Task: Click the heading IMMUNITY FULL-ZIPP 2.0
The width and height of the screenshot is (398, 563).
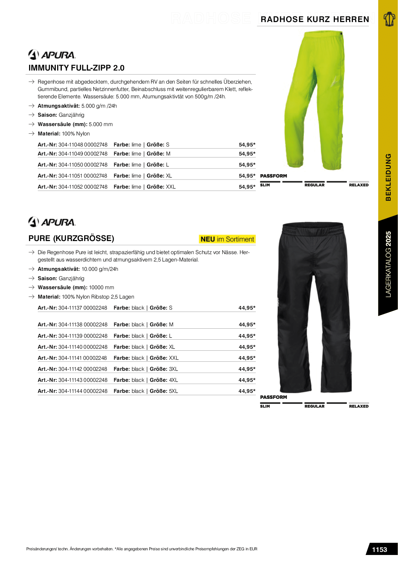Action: [77, 68]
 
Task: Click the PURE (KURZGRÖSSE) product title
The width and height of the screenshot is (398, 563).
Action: [71, 238]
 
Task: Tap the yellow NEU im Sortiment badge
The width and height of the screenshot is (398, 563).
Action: [227, 239]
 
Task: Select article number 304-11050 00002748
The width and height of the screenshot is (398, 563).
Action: [83, 165]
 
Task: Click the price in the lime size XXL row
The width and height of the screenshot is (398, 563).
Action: [247, 187]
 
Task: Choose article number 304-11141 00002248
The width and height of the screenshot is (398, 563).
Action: [83, 358]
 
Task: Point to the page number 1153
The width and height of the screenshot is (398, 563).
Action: [379, 550]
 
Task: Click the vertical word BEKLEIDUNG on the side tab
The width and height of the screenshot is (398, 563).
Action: [388, 177]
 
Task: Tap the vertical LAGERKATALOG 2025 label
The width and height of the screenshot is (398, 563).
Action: [388, 264]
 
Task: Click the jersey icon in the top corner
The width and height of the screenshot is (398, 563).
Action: [389, 19]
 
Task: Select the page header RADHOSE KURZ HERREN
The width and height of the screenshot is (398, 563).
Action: [315, 19]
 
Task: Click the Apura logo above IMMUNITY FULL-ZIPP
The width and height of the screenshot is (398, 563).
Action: [52, 54]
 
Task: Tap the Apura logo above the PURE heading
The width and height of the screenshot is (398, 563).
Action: [52, 222]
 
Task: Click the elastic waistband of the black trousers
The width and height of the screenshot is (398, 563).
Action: [312, 229]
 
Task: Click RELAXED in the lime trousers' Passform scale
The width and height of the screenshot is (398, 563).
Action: [359, 185]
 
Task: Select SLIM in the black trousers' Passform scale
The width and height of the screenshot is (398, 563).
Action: [265, 406]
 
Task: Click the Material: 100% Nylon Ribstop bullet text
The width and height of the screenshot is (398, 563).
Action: [86, 297]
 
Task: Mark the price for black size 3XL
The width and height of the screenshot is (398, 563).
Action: [247, 369]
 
